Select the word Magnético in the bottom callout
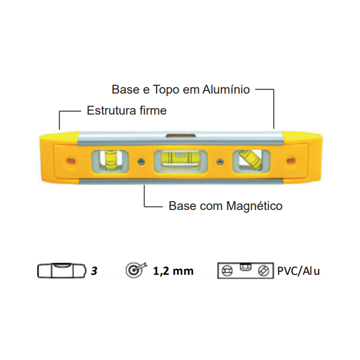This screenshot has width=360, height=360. tap(254, 206)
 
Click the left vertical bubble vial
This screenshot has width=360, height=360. tap(110, 160)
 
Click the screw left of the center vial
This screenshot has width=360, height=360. tap(140, 161)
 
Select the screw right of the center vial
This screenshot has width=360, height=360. tap(220, 161)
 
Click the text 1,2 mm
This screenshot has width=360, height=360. tap(173, 271)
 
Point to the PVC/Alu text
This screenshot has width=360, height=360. tap(298, 271)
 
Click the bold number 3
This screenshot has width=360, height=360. tap(94, 271)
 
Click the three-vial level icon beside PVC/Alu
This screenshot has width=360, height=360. tap(245, 270)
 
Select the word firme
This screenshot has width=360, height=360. tap(153, 111)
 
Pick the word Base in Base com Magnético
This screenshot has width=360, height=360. tap(181, 206)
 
